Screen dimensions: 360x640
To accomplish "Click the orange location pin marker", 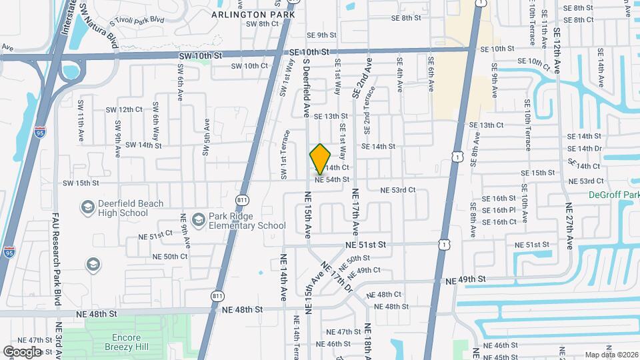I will point(320,159).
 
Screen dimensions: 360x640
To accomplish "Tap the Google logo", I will point(22,351).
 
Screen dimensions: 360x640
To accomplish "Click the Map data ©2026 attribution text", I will point(611,355).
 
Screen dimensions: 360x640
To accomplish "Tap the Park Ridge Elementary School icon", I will point(198,220).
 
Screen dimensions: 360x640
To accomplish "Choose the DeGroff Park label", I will point(614,195).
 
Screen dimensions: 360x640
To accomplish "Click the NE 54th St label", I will point(332,179).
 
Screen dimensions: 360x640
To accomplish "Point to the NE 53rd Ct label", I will point(398,190).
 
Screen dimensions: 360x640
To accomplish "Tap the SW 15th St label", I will point(81,183).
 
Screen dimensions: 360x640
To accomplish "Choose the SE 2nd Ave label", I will point(366,79).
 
